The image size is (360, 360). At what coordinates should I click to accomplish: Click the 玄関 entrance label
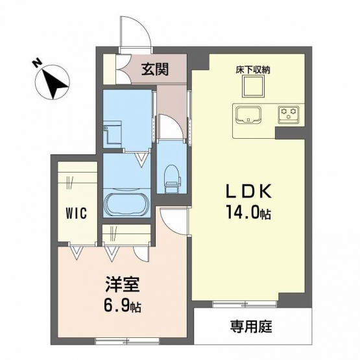[155, 69]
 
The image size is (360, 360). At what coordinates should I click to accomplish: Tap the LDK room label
[249, 191]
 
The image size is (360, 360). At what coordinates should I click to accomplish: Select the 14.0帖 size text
[249, 212]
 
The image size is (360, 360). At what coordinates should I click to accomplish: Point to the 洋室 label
[123, 285]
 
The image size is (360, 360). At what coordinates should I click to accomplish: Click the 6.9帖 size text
[123, 306]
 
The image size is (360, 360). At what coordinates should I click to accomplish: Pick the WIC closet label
[77, 213]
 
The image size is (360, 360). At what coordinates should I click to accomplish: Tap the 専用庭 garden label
[251, 327]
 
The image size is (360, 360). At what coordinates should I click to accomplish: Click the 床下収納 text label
[253, 70]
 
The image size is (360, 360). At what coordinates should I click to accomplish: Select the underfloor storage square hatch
[253, 86]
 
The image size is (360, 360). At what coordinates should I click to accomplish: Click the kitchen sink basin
[249, 115]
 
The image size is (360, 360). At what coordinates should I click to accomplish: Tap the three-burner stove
[289, 114]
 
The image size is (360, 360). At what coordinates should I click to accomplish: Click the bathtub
[126, 204]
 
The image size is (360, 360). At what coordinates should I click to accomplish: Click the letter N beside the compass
[37, 62]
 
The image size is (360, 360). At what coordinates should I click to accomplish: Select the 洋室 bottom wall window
[127, 341]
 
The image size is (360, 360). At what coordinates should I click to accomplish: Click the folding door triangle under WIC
[77, 252]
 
